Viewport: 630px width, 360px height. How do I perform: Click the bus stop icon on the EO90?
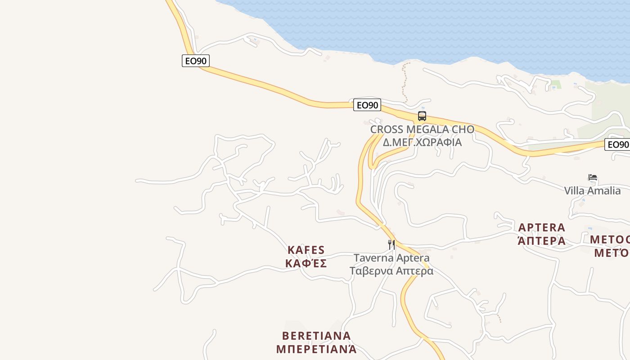point(422,116)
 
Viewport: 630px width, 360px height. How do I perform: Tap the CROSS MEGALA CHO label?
point(422,130)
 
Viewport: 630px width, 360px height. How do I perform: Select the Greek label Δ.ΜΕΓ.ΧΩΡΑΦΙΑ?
point(422,142)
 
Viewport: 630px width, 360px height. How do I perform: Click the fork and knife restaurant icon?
point(391,244)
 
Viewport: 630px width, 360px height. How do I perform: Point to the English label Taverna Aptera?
point(391,258)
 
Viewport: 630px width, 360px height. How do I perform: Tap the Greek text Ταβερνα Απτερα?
point(391,271)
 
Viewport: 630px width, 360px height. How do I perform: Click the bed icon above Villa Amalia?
point(593,177)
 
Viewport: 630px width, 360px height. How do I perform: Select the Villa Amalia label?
point(592,191)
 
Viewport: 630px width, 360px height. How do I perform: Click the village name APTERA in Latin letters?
point(542,227)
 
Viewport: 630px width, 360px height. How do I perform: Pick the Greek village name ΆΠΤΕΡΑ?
point(542,241)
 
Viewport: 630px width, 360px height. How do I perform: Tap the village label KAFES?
point(306,250)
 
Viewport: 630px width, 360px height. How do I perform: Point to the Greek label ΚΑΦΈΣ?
point(306,263)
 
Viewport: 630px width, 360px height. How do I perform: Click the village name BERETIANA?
point(316,336)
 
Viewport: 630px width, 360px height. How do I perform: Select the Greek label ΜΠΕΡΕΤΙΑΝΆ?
point(316,349)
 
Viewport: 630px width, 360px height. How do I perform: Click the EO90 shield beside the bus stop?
point(367,105)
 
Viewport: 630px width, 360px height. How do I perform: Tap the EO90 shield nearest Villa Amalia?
point(617,144)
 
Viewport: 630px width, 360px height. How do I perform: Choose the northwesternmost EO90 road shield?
point(196,61)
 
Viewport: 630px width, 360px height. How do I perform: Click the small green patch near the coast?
point(556,84)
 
